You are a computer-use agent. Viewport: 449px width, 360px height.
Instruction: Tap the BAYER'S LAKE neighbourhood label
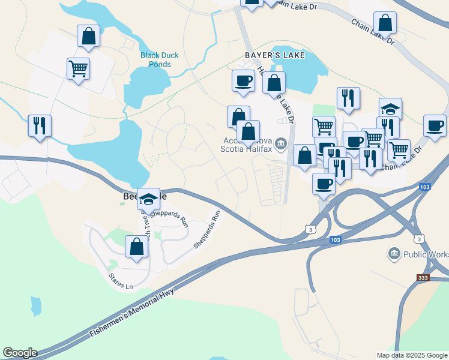275,55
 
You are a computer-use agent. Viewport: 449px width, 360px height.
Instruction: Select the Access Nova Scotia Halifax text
246,145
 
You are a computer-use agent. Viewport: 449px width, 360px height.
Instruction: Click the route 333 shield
424,278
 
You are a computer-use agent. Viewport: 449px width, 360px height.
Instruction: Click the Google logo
19,353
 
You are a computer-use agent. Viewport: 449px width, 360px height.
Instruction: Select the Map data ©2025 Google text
412,355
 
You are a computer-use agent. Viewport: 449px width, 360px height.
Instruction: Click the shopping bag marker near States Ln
136,247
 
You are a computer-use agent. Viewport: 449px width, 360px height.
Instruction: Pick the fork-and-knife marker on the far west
40,126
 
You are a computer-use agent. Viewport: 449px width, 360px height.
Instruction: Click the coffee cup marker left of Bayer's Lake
244,80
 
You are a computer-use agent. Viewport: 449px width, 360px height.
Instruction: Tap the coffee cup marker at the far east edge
435,125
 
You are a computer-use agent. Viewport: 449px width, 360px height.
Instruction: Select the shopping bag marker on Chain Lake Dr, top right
385,23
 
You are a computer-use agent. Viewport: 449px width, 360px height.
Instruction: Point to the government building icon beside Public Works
394,254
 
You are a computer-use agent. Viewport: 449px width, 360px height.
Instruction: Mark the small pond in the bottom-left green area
36,306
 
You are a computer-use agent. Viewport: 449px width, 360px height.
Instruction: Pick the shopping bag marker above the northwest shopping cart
89,35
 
